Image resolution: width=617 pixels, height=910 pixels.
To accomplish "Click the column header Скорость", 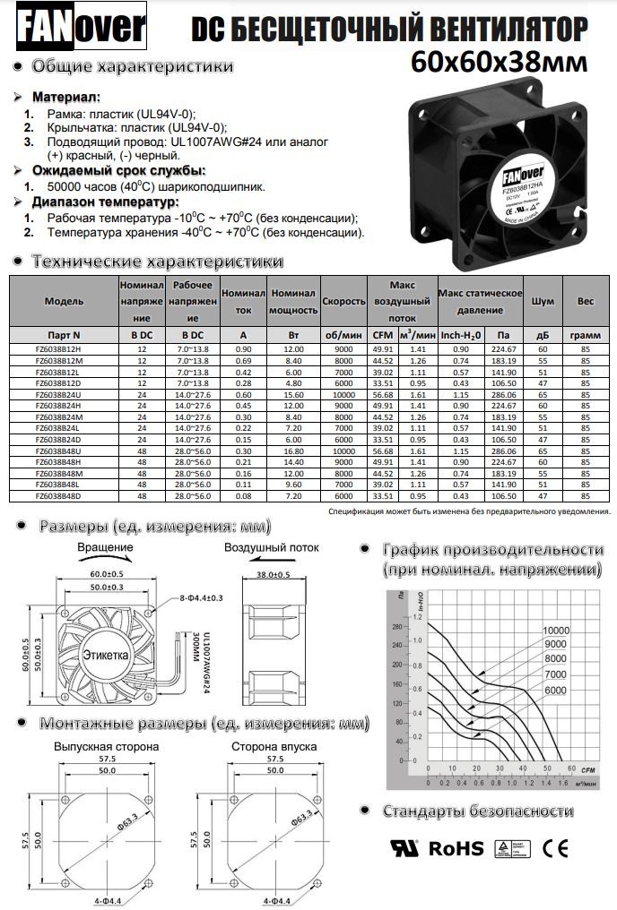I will pyautogui.click(x=344, y=302).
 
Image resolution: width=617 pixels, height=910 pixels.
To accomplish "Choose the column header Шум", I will pyautogui.click(x=542, y=302).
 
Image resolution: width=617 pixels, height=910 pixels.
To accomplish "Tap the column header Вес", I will pyautogui.click(x=586, y=302).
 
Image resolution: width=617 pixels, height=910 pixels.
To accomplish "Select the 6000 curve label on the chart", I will pyautogui.click(x=556, y=690).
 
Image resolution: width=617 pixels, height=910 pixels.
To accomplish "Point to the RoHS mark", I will pyautogui.click(x=456, y=848).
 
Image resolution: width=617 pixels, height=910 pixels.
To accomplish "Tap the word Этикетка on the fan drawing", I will pyautogui.click(x=106, y=656).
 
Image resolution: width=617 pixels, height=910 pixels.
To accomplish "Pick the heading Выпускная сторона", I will pyautogui.click(x=106, y=745).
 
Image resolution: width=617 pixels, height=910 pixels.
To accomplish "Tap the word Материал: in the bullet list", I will pyautogui.click(x=67, y=97).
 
